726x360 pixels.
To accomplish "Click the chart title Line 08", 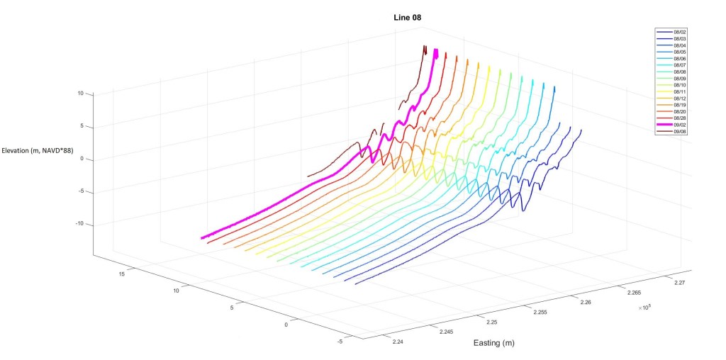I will point(408,17).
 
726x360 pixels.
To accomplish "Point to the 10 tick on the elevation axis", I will point(80,94).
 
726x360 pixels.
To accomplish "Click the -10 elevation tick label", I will point(79,224).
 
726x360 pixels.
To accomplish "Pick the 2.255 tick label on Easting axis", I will point(540,313).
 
